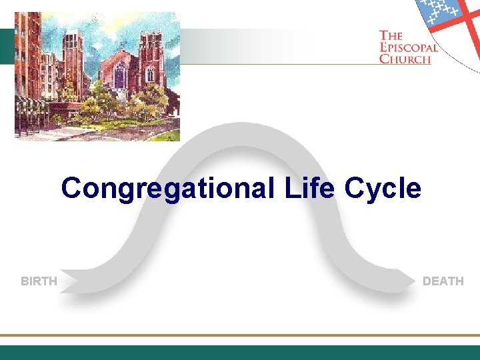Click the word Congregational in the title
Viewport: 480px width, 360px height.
click(167, 189)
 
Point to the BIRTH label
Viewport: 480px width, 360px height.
click(39, 281)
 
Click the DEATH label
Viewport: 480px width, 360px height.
click(443, 281)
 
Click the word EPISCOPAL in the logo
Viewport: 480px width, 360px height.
click(409, 47)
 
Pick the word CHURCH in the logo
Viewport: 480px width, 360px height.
click(405, 58)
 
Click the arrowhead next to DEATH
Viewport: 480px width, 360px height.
click(408, 281)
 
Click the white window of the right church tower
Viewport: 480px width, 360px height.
click(151, 73)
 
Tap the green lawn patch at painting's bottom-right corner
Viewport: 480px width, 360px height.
click(170, 135)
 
